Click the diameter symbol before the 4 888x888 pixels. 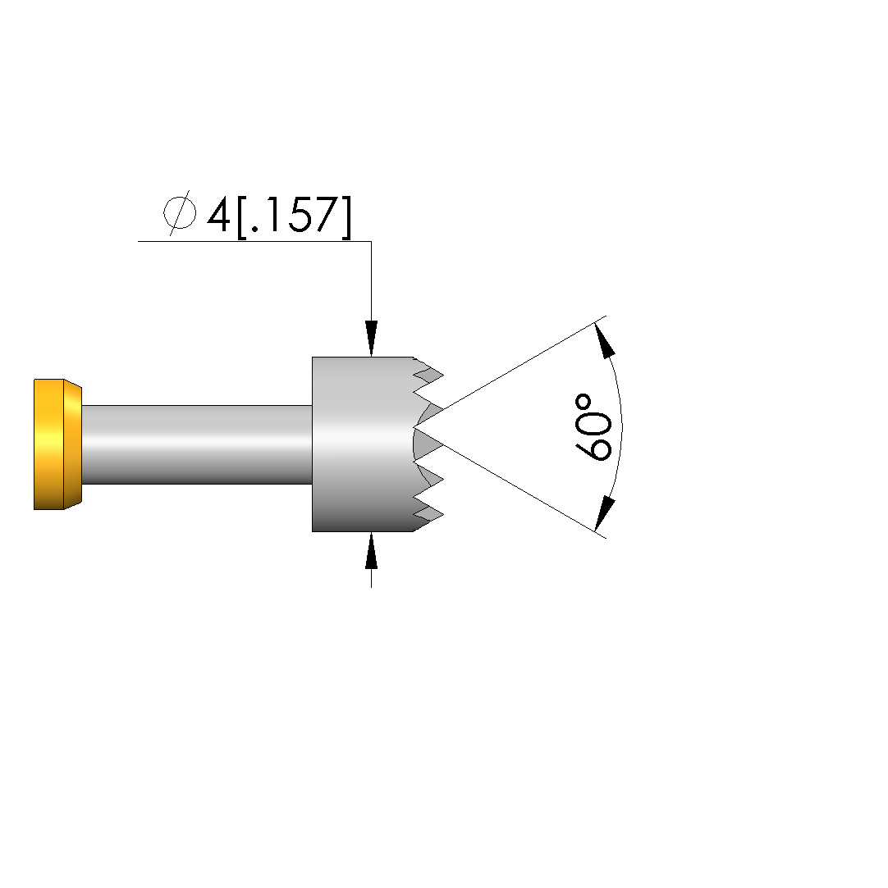point(180,213)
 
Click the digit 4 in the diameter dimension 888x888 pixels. point(218,215)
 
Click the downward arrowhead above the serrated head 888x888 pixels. point(371,338)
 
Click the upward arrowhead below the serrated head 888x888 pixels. point(371,550)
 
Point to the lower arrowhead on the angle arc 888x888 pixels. point(605,513)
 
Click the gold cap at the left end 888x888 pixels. point(57,444)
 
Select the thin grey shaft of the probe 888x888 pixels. point(197,444)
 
